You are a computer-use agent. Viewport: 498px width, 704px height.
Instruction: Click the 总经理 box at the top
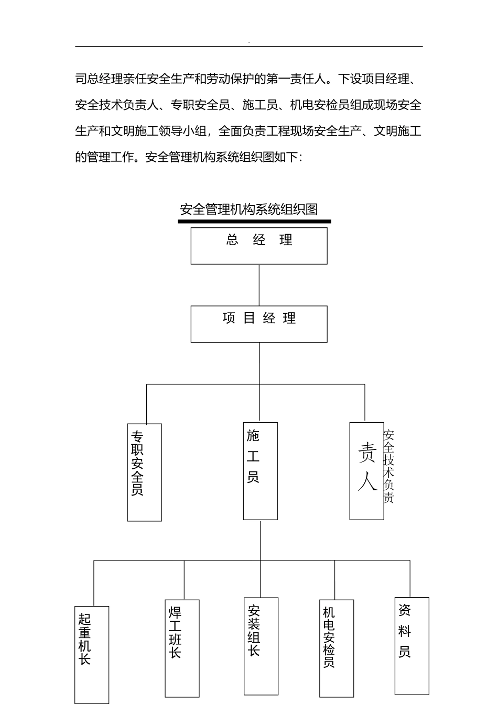pos(259,246)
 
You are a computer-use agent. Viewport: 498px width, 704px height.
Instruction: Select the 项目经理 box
pos(259,324)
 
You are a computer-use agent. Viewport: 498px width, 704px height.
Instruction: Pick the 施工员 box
pos(261,471)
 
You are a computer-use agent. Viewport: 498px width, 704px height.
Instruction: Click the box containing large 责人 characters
pos(367,471)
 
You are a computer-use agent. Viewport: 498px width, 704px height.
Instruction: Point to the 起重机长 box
pos(92,654)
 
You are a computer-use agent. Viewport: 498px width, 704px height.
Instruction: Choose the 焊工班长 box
pos(182,648)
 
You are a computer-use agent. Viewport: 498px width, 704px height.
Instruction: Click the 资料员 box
pos(412,645)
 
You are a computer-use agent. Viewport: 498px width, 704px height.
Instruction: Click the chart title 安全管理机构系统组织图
pos(249,210)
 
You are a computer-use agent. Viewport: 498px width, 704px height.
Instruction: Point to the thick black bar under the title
pos(254,222)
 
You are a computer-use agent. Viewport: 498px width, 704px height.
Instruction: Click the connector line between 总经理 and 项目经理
pos(259,285)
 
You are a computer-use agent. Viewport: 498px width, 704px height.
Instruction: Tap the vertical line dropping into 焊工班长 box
pos(184,580)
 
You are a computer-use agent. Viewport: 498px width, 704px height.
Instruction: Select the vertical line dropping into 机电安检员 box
pos(334,580)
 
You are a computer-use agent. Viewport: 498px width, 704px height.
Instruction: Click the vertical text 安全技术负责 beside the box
pos(389,466)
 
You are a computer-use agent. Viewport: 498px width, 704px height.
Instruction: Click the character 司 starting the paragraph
pos(81,80)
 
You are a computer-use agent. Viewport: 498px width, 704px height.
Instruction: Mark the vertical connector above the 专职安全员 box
pos(146,404)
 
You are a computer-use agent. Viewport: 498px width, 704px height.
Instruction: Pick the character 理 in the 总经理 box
pos(286,240)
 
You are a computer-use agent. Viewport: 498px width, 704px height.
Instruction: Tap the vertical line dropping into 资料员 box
pos(410,579)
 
